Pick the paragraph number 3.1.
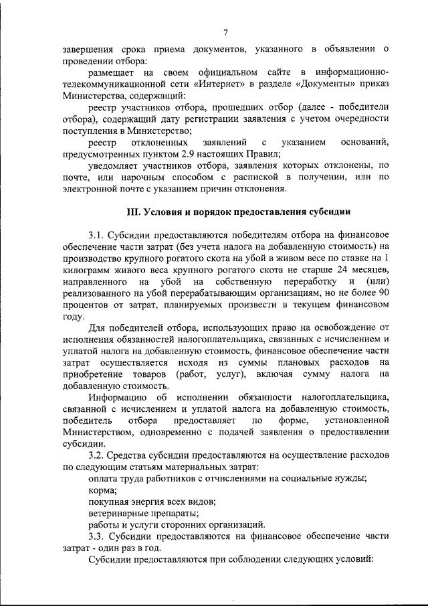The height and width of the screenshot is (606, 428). (x=98, y=236)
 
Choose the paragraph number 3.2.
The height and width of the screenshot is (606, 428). (x=98, y=455)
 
